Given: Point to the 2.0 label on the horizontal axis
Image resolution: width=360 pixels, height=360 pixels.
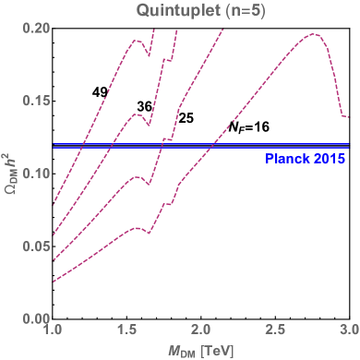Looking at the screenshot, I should point(200,330).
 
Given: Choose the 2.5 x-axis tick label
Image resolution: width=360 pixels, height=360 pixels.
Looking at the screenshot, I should point(275,330).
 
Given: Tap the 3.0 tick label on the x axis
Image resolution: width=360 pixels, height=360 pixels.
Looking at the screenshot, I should point(348,330).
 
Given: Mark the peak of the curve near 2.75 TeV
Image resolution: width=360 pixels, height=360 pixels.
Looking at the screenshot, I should point(314,34).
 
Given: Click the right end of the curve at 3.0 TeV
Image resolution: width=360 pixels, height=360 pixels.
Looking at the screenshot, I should point(347,117).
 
